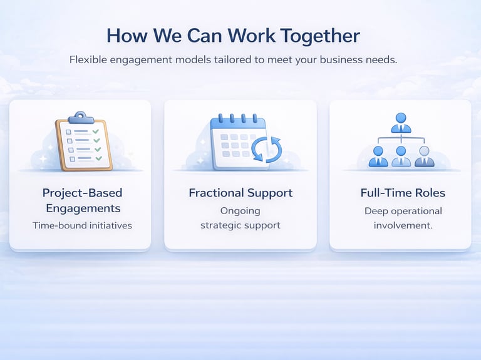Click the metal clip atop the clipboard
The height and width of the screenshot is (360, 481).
(80, 117)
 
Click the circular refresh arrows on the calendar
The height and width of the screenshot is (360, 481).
(267, 150)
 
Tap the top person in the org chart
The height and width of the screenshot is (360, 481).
(401, 123)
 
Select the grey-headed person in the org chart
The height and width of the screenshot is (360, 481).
(424, 157)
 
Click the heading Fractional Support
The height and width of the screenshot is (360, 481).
(240, 193)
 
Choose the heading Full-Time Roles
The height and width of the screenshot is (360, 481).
(403, 193)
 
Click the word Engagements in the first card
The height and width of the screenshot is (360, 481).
(82, 208)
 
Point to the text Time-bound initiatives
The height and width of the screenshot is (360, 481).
(82, 225)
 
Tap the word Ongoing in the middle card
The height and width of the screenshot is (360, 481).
(240, 210)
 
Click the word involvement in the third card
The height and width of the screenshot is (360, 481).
(403, 225)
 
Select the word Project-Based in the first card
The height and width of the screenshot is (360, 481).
(82, 193)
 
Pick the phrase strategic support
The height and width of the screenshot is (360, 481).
(240, 225)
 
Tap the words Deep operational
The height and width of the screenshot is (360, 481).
(403, 210)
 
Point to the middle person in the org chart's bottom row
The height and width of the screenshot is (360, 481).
(401, 157)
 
